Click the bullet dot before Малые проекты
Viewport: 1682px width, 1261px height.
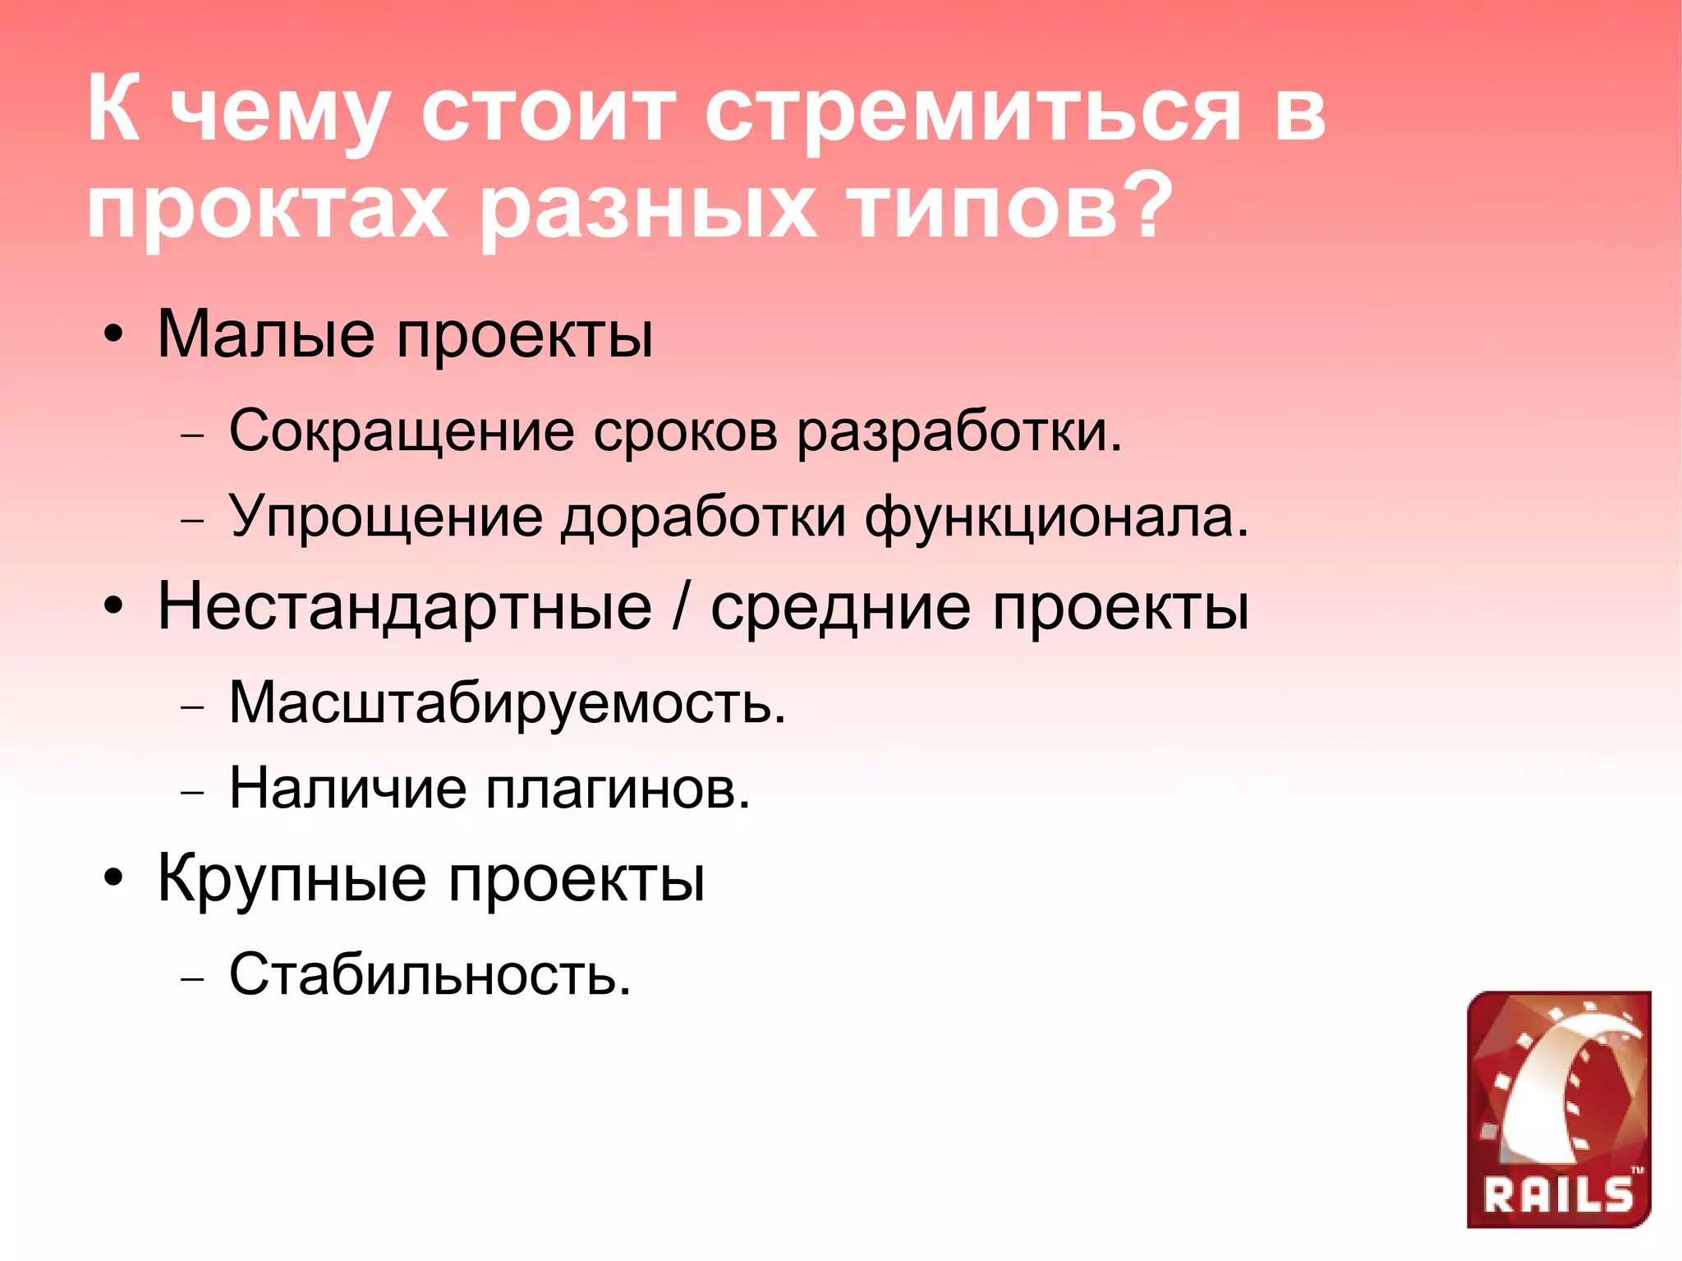114,336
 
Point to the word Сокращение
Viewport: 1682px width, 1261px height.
401,431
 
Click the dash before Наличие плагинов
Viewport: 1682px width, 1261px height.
191,794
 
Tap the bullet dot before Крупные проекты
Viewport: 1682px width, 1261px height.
114,878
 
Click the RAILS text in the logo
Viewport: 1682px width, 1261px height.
1558,1195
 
